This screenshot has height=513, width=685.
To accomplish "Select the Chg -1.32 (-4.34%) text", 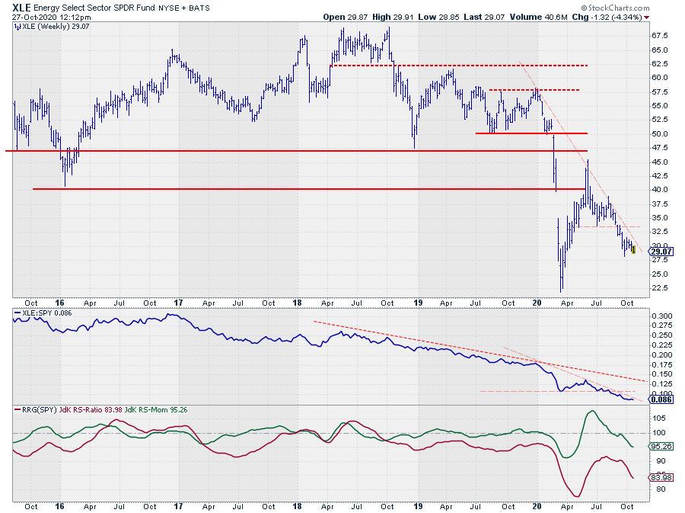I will pyautogui.click(x=614, y=15).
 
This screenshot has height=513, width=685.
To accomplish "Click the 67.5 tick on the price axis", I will pyautogui.click(x=660, y=35).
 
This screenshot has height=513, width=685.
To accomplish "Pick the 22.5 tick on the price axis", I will pyautogui.click(x=660, y=288).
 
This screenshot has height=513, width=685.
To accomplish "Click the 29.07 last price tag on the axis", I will pyautogui.click(x=661, y=251).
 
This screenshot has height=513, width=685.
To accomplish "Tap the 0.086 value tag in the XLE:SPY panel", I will pyautogui.click(x=661, y=399).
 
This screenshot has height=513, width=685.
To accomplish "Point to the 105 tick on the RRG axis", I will pyautogui.click(x=658, y=418).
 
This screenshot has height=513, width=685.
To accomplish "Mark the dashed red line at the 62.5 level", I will pyautogui.click(x=457, y=66).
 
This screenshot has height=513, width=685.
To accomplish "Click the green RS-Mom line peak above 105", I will pyautogui.click(x=590, y=412).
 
